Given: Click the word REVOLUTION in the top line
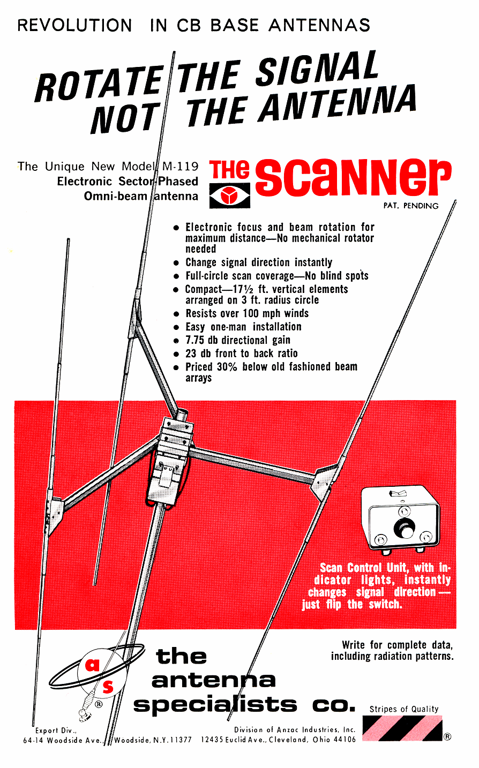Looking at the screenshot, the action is pyautogui.click(x=75, y=25).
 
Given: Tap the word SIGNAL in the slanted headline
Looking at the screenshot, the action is pyautogui.click(x=317, y=69).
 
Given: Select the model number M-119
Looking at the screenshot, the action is pyautogui.click(x=181, y=166).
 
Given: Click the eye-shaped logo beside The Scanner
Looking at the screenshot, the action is pyautogui.click(x=230, y=196).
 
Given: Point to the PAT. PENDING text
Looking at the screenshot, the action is pyautogui.click(x=411, y=206).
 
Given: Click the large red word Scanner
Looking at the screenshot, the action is pyautogui.click(x=353, y=177).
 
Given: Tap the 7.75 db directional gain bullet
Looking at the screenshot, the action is pyautogui.click(x=238, y=340).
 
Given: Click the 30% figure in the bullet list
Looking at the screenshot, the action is pyautogui.click(x=227, y=367).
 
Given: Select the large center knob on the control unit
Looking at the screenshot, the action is pyautogui.click(x=404, y=529).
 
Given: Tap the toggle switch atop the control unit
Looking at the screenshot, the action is pyautogui.click(x=398, y=493).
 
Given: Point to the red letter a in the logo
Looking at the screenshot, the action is pyautogui.click(x=92, y=666).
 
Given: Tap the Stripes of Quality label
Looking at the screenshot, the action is pyautogui.click(x=404, y=709).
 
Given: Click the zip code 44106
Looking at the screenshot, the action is pyautogui.click(x=344, y=740).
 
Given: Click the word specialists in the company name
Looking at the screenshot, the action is pyautogui.click(x=215, y=704).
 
